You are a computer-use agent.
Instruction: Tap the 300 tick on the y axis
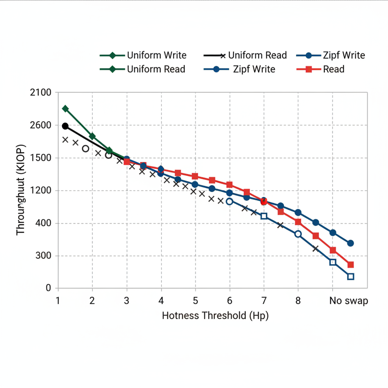[43, 256]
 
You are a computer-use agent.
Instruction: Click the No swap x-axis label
[348, 301]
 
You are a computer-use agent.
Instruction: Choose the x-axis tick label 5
[195, 301]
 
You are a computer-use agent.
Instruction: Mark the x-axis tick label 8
[298, 301]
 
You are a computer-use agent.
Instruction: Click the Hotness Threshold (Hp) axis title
[215, 316]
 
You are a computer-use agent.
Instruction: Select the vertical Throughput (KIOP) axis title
[21, 189]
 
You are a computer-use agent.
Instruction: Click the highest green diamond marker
[65, 109]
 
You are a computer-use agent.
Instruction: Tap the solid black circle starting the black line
[65, 126]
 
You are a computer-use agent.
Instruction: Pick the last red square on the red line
[350, 265]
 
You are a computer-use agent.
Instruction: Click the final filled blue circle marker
[350, 243]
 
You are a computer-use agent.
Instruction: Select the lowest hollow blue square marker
[350, 277]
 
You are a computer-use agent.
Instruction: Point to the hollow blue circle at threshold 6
[229, 202]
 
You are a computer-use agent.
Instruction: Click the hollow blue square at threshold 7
[264, 216]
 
